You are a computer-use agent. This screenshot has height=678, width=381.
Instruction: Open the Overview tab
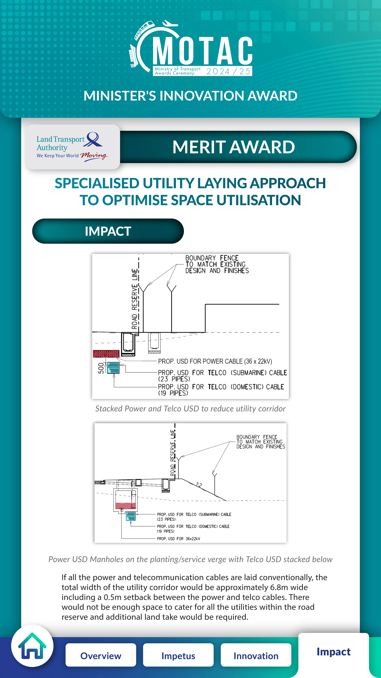(x=101, y=656)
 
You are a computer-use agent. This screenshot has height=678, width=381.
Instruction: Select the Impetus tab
(x=178, y=656)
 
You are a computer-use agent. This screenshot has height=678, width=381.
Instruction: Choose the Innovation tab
(x=256, y=656)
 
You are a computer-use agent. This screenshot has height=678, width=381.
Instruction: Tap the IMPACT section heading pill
(x=108, y=231)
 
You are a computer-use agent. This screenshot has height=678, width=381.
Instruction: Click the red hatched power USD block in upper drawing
(x=106, y=354)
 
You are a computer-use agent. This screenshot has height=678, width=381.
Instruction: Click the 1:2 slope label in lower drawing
(x=199, y=485)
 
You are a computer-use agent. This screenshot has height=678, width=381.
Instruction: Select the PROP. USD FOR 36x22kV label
(x=179, y=539)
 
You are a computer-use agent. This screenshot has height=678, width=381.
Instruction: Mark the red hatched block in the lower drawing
(x=125, y=506)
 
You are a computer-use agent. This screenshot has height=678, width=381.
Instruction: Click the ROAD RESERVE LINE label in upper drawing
(x=135, y=299)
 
